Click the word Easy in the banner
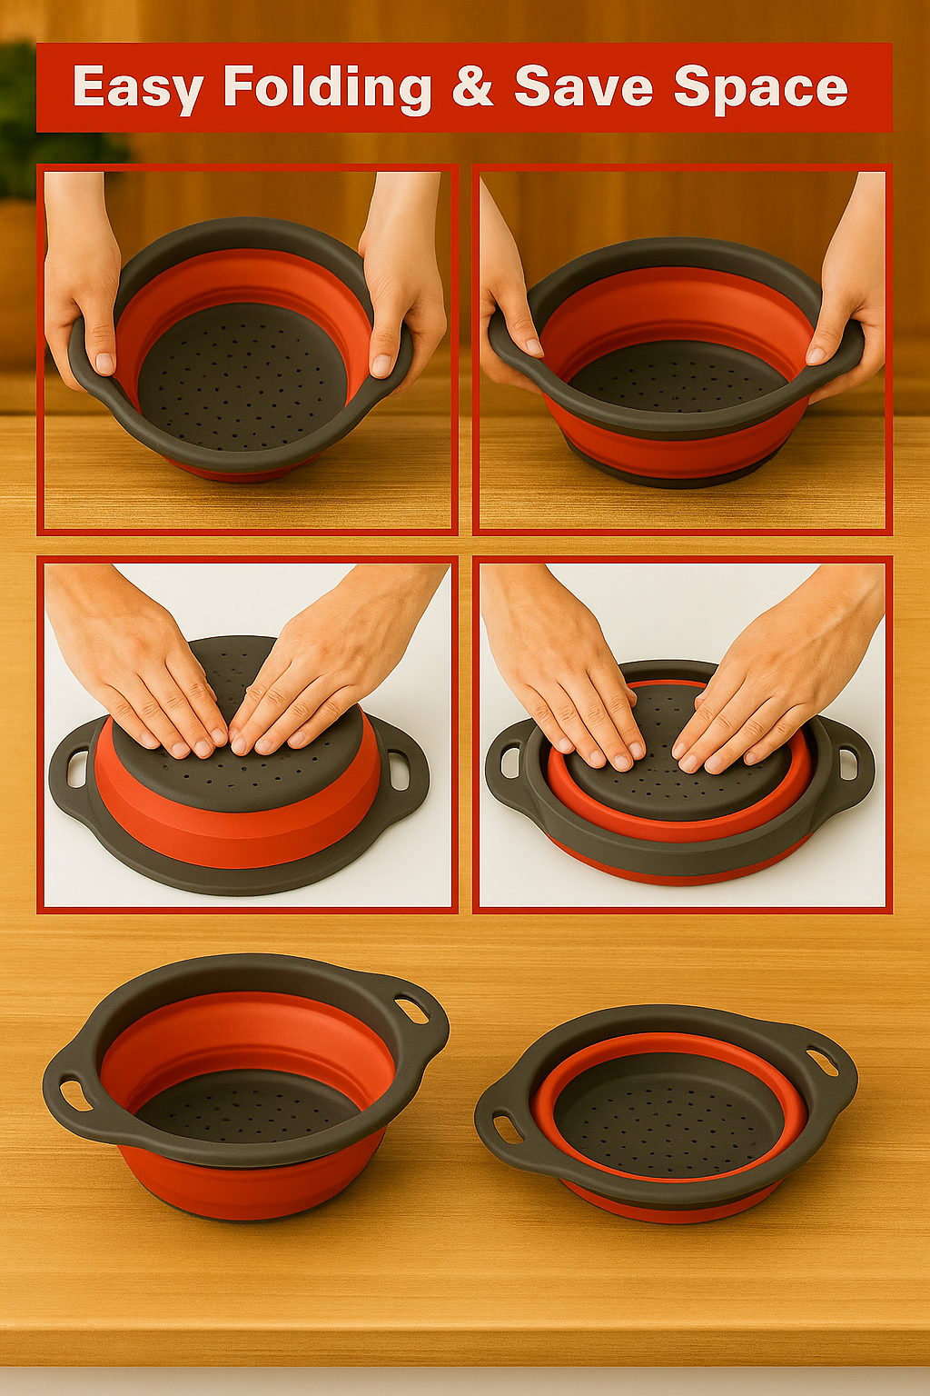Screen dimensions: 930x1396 (136, 88)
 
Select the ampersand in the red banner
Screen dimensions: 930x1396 (471, 85)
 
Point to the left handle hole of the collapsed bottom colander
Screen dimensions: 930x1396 (506, 1125)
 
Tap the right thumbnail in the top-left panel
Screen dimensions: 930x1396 (380, 361)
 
